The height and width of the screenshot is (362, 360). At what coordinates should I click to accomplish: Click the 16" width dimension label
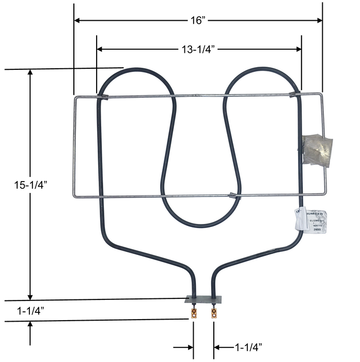pyautogui.click(x=197, y=20)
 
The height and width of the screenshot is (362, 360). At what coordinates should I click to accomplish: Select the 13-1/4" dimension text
pyautogui.click(x=198, y=49)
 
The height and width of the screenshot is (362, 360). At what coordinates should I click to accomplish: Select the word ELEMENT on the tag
pyautogui.click(x=316, y=221)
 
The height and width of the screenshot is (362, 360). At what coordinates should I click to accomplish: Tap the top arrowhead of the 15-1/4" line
pyautogui.click(x=31, y=73)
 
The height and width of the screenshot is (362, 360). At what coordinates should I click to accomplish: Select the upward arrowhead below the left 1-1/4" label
pyautogui.click(x=31, y=324)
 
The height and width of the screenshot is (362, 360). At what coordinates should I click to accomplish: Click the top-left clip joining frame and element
pyautogui.click(x=102, y=96)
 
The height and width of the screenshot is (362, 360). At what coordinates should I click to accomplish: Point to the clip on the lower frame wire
pyautogui.click(x=233, y=195)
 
